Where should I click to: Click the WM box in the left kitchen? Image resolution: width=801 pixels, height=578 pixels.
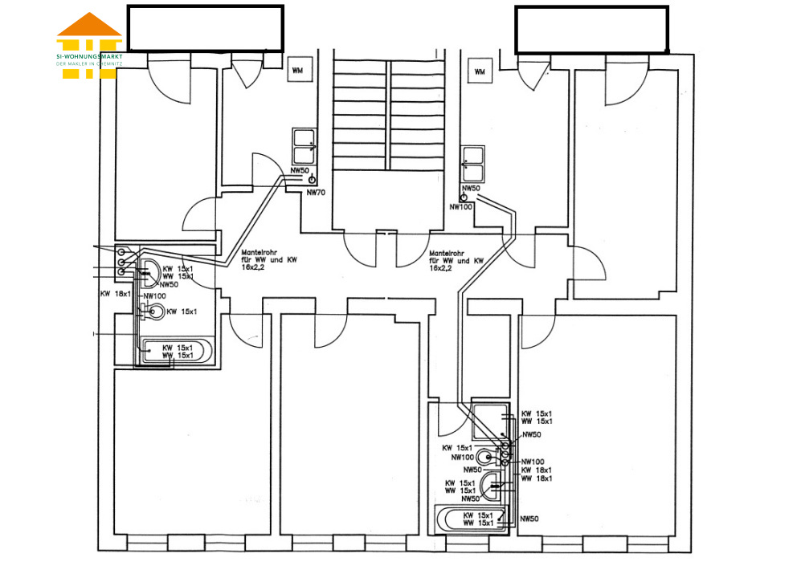[x=298, y=71]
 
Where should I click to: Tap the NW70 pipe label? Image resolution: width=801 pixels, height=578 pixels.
[x=316, y=192]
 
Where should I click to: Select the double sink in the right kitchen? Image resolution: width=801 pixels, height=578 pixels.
[x=472, y=164]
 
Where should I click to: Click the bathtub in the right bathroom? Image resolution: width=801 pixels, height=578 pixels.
[x=471, y=519]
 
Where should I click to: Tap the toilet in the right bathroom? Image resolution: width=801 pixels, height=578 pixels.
[x=487, y=458]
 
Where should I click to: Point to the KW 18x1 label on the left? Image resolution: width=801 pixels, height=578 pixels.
[x=116, y=295]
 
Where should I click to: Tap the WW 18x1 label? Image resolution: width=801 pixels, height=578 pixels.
[x=537, y=478]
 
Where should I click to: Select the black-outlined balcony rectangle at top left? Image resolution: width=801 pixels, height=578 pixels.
[x=206, y=28]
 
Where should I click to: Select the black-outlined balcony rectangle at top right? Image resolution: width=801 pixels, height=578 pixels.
[x=591, y=30]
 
